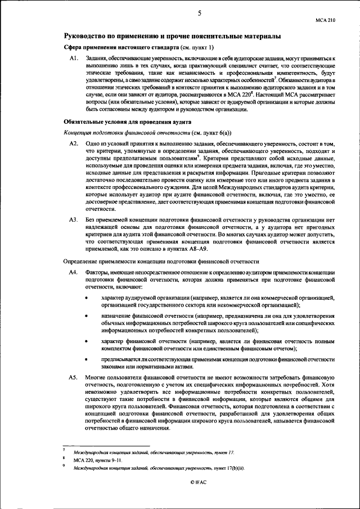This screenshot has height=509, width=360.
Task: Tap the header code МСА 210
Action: click(x=325, y=19)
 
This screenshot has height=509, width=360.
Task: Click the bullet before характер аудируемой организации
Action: click(x=86, y=298)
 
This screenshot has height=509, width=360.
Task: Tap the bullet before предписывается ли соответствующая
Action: click(x=86, y=359)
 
